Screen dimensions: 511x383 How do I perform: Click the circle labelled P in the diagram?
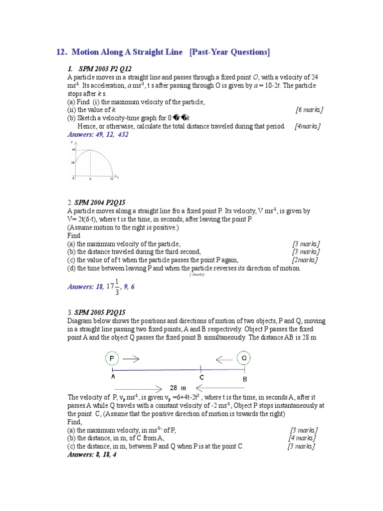[112, 358]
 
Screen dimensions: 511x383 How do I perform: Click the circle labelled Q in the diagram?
[244, 358]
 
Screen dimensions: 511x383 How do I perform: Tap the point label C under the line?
[201, 378]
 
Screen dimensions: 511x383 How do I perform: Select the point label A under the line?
[113, 378]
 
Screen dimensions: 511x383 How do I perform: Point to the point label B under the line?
[244, 379]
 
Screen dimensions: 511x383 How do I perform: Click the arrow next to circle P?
[132, 358]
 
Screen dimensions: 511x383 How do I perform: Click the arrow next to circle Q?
[223, 358]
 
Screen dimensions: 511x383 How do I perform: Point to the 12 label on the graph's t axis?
[112, 178]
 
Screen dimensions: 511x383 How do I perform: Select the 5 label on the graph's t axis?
[90, 178]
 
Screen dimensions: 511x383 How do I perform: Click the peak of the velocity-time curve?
[90, 150]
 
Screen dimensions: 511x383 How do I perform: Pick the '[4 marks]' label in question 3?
[302, 438]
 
